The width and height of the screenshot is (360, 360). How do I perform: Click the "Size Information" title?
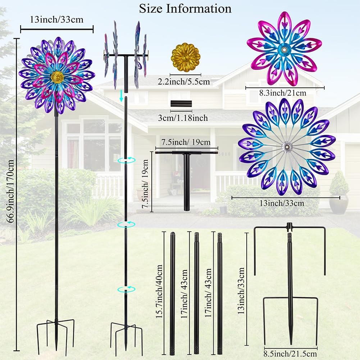(x=185, y=8)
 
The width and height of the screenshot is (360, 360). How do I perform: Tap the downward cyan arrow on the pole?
(x=122, y=96)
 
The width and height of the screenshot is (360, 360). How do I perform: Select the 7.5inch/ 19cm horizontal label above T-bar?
(x=187, y=142)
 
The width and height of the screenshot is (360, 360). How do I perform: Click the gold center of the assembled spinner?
(x=58, y=76)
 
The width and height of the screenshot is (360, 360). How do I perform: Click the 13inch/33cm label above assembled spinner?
(x=57, y=19)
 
